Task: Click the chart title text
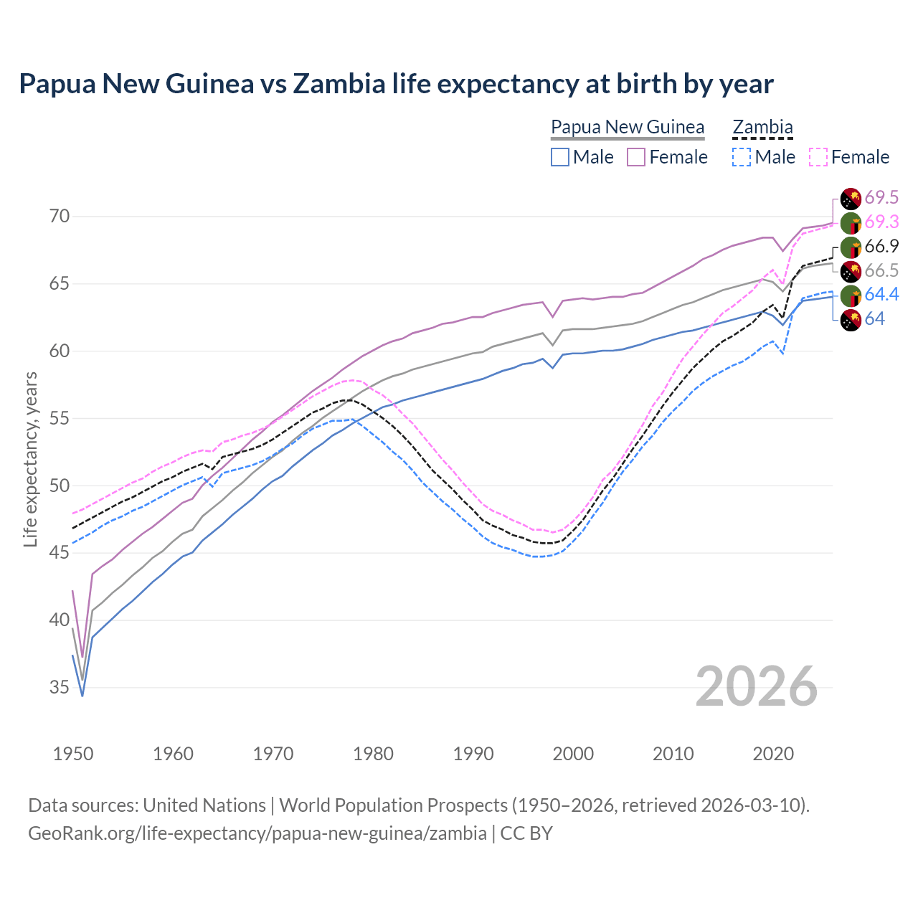tap(396, 84)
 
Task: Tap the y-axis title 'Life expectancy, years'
tap(30, 459)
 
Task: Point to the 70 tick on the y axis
tap(60, 217)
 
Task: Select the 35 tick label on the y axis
tap(60, 688)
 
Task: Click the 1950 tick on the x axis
tap(73, 754)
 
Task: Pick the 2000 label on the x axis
tap(573, 754)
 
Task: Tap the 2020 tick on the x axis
tap(773, 754)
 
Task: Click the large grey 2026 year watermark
tap(757, 686)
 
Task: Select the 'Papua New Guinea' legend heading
tap(628, 127)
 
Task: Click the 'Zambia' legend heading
tap(762, 127)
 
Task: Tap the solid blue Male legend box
tap(560, 157)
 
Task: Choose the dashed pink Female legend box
tap(818, 157)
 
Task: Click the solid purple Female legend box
tap(636, 157)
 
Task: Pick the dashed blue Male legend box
tap(742, 157)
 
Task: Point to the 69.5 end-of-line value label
tap(881, 198)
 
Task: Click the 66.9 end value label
tap(881, 247)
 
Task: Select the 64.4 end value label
tap(881, 295)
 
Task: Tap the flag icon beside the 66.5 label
tap(851, 271)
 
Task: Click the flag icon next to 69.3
tap(851, 222)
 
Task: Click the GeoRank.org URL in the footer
tap(257, 833)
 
